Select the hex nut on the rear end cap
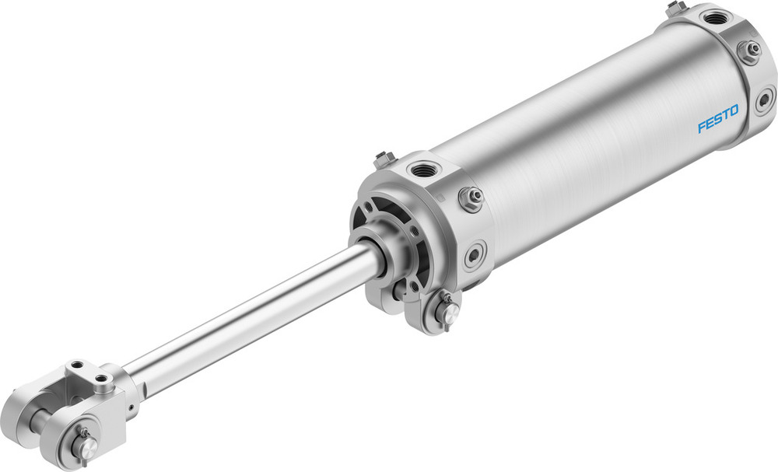[x=749, y=51]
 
